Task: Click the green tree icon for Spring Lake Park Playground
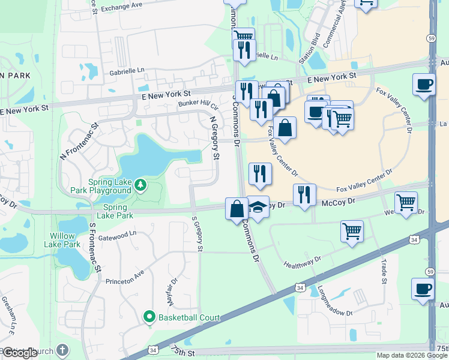[140, 184]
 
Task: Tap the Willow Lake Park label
[62, 240]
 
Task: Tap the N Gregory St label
[214, 137]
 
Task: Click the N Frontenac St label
[79, 142]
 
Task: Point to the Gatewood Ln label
[118, 236]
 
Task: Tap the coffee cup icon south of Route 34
[423, 289]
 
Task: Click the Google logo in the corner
[20, 353]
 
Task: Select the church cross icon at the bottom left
[63, 350]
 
